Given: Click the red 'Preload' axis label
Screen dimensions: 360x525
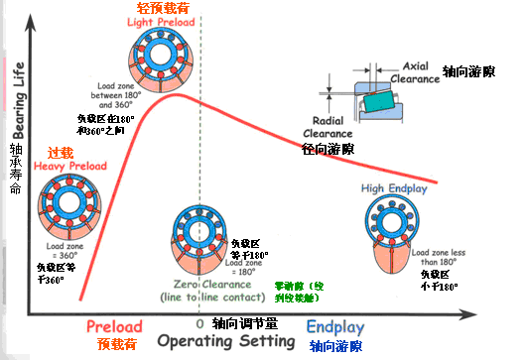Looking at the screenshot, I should tap(114, 325).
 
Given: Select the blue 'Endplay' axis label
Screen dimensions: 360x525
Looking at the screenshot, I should tap(335, 325).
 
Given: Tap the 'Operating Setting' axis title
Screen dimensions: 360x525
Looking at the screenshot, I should tap(224, 341).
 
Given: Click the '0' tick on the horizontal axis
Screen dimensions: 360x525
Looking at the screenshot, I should tap(200, 324).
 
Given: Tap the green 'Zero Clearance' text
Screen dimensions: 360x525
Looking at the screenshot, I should tap(205, 283).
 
